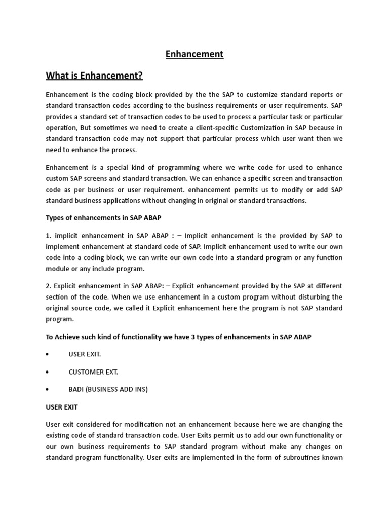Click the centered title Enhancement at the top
coord(194,54)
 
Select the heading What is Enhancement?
coord(94,76)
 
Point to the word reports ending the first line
coord(329,95)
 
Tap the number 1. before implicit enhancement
coord(49,236)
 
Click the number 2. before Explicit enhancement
coord(49,285)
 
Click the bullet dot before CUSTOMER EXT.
coord(47,372)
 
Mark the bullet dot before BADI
coord(47,390)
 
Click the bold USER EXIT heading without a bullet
coord(61,407)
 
